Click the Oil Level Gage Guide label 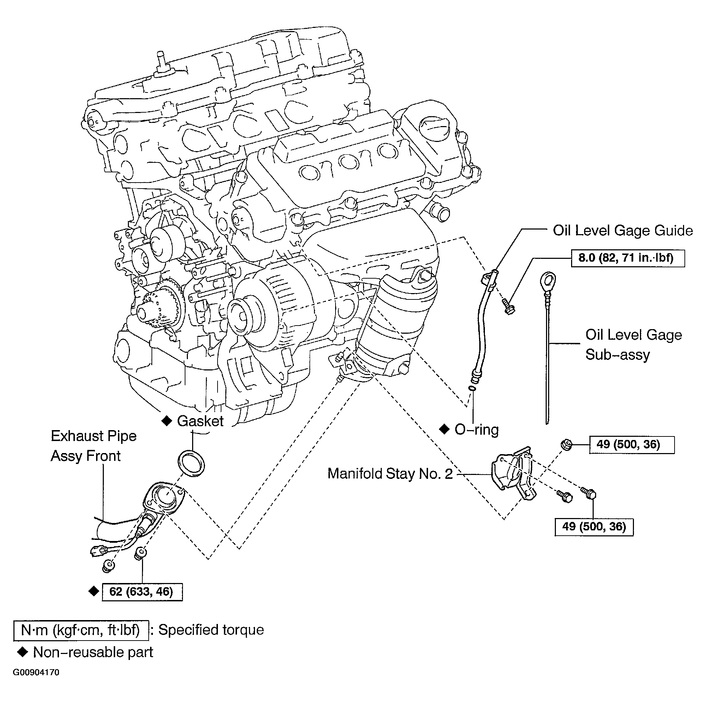(623, 231)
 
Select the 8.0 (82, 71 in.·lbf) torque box (628, 258)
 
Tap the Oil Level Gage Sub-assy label (634, 345)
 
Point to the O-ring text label (476, 429)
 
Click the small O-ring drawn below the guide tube (473, 388)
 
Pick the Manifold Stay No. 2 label (390, 474)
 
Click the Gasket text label (200, 421)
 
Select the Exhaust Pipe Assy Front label (94, 446)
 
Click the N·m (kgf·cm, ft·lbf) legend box (81, 630)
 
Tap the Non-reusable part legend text (93, 652)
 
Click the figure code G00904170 (36, 672)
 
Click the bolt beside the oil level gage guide (508, 306)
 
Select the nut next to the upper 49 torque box (567, 444)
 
